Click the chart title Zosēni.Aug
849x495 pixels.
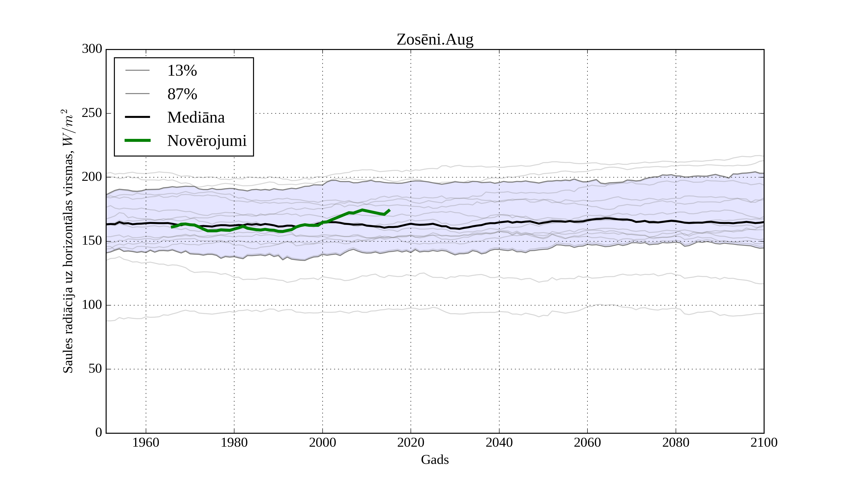[435, 40]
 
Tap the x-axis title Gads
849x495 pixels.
[435, 460]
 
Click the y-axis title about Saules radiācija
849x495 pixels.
[68, 241]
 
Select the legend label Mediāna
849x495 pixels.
[196, 118]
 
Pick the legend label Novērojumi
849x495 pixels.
[207, 141]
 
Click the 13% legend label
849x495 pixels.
[182, 71]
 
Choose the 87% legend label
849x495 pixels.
[182, 94]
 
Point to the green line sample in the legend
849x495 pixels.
[137, 140]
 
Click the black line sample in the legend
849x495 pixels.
[137, 117]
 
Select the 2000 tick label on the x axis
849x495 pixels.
[322, 442]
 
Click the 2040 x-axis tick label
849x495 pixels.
[499, 442]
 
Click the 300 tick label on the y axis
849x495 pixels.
[92, 49]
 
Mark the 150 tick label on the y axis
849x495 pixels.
[92, 241]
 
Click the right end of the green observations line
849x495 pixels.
[389, 210]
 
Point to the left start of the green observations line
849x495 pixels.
[172, 227]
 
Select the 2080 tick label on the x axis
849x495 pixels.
[675, 442]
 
